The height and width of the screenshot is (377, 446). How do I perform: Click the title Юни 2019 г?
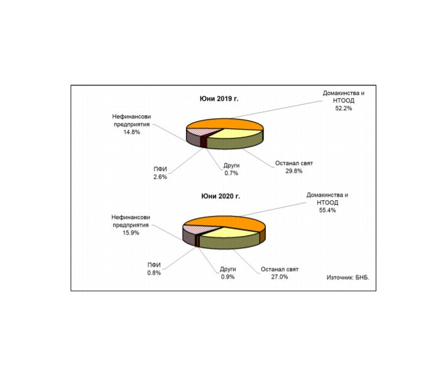point(219,99)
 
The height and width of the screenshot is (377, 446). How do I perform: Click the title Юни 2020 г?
point(220,196)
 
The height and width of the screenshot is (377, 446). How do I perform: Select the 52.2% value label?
point(344,108)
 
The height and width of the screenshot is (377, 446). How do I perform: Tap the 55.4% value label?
point(327,210)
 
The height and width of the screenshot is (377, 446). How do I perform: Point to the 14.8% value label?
point(131,132)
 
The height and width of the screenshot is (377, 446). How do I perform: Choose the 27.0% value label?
point(280,277)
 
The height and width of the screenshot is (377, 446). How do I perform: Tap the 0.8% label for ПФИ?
point(154,273)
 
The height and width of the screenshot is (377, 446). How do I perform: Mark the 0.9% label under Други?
point(227,277)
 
